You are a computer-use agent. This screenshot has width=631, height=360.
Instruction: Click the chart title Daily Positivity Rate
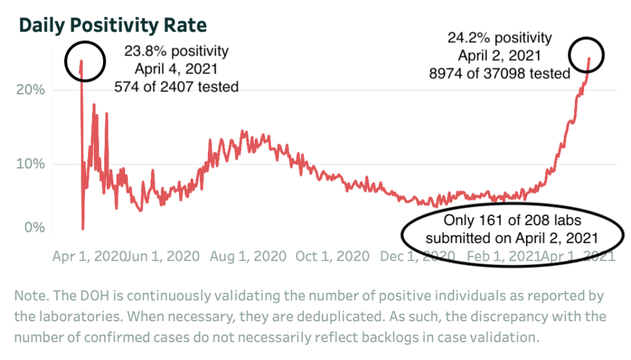click(113, 25)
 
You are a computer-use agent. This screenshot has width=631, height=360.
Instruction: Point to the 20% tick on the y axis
click(30, 90)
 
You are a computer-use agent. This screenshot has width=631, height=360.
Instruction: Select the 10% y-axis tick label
click(30, 165)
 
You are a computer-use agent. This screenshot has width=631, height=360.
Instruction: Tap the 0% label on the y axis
click(35, 227)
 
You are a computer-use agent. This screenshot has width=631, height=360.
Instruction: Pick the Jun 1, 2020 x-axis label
click(162, 256)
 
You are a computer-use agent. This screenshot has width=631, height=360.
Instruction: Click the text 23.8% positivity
click(176, 51)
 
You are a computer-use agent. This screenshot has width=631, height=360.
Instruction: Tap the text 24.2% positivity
click(500, 38)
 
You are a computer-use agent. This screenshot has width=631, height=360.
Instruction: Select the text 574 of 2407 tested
click(176, 86)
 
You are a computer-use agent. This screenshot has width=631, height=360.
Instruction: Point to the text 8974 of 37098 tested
click(500, 73)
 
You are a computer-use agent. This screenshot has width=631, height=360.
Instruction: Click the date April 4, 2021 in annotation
click(176, 68)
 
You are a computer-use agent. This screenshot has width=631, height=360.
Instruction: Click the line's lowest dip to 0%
click(83, 229)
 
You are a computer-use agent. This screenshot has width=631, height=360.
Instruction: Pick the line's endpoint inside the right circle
click(589, 59)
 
